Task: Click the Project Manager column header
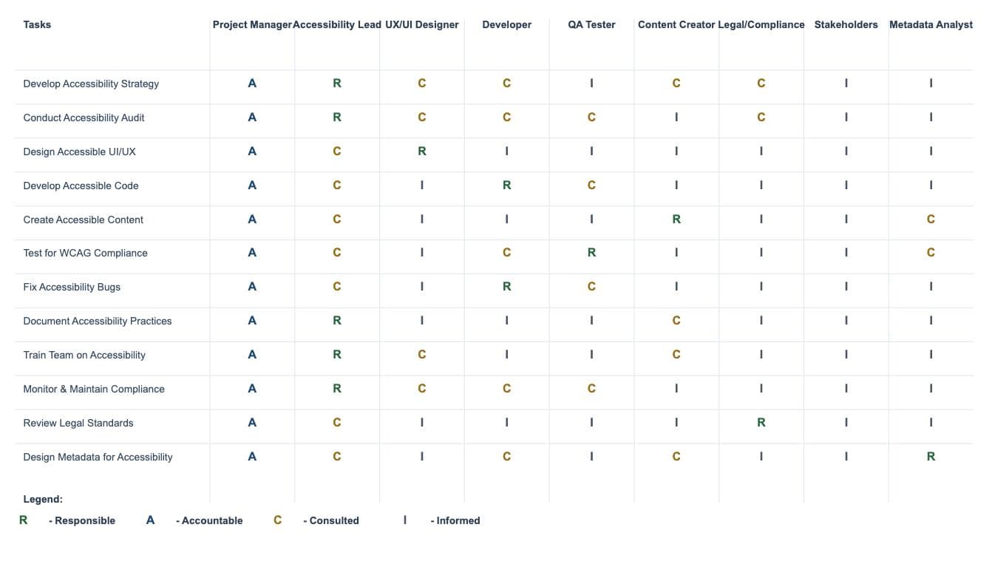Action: tap(252, 24)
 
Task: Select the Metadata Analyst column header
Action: tap(931, 24)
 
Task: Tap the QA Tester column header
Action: tap(591, 24)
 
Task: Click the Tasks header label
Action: tap(37, 24)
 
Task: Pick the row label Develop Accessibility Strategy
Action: tap(91, 84)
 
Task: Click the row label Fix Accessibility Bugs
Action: tap(72, 287)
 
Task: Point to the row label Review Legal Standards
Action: tap(78, 423)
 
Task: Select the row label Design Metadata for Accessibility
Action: tap(98, 457)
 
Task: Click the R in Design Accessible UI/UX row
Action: tap(422, 152)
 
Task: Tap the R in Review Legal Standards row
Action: tap(761, 423)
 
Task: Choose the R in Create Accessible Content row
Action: tap(676, 220)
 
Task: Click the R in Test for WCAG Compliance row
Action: tap(591, 253)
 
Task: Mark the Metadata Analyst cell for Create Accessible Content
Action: tap(931, 220)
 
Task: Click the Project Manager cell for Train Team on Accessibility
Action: tap(252, 355)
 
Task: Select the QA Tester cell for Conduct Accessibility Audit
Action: tap(591, 118)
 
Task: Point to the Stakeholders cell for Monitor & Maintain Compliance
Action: tap(846, 389)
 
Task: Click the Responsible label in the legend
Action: tap(82, 520)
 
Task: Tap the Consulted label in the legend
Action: tap(331, 520)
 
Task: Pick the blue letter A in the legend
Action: tap(150, 520)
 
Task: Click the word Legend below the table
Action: tap(43, 499)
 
